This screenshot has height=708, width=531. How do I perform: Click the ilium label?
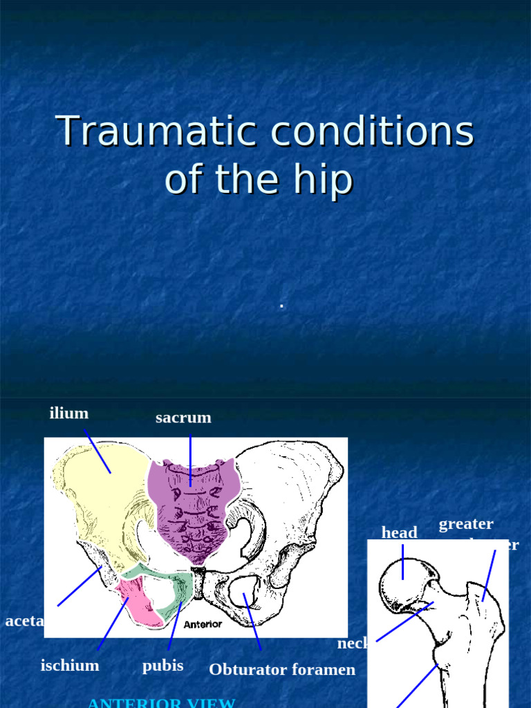69,413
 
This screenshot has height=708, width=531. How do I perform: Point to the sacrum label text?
183,418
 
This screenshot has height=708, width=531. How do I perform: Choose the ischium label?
70,666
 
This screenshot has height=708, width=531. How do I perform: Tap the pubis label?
162,666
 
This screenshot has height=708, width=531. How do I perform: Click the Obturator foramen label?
282,669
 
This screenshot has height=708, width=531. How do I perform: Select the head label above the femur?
399,532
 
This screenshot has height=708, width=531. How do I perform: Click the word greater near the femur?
466,524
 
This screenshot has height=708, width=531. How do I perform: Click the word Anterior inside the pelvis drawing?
203,624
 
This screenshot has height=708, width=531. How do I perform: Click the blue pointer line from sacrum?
190,460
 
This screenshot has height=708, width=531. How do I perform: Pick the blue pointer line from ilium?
97,451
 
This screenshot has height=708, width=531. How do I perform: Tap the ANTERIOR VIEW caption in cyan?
161,702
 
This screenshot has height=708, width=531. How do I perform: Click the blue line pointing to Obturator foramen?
253,622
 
